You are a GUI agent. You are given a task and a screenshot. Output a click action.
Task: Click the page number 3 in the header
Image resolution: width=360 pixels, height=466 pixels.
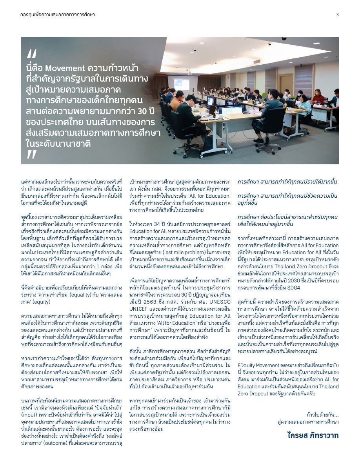point(337,15)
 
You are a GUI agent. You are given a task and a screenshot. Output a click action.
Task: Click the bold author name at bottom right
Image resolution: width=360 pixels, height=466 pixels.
point(313,435)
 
